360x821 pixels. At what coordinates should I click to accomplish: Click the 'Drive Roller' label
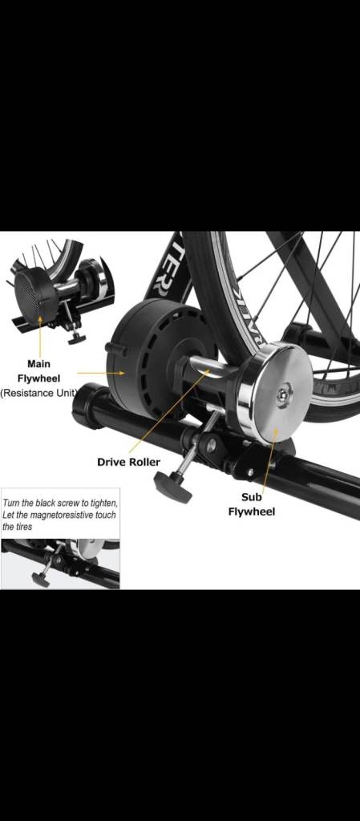(x=128, y=462)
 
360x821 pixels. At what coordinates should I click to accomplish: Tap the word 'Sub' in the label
(x=252, y=497)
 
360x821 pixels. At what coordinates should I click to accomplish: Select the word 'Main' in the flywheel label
(x=38, y=364)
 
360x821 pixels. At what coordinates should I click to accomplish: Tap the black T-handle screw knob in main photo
(x=172, y=486)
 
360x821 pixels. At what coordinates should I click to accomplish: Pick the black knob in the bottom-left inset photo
(x=40, y=579)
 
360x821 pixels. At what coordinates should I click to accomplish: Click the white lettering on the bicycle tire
(x=249, y=321)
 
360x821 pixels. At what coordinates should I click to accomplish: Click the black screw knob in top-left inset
(x=76, y=338)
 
